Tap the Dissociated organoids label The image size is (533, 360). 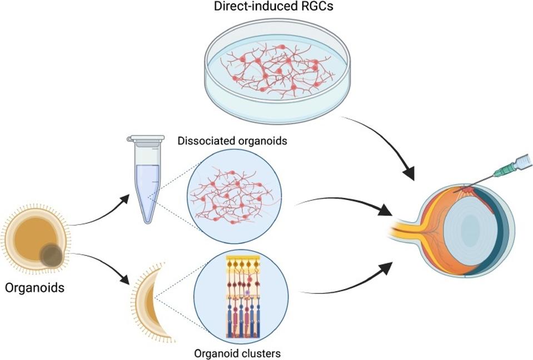point(232,141)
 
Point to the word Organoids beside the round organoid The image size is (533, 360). point(34,288)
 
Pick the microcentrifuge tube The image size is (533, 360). point(146,181)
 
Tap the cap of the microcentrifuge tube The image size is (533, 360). point(146,138)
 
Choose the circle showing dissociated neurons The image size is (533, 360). point(235,197)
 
